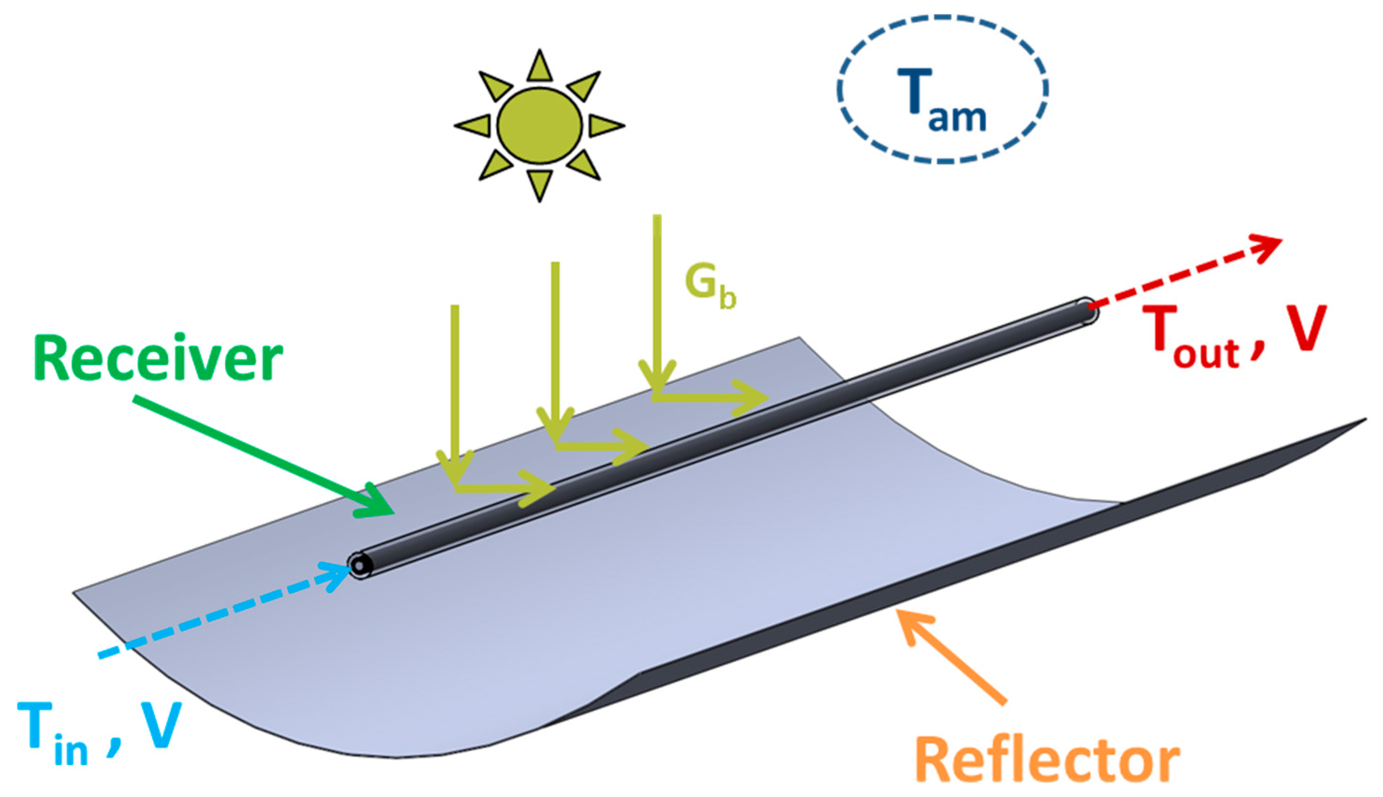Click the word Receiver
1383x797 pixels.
click(x=158, y=358)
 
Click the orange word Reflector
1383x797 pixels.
click(x=1047, y=760)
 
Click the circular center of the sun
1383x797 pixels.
click(x=540, y=125)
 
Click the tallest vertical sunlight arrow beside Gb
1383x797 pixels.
click(x=657, y=301)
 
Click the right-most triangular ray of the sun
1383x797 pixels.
click(x=605, y=125)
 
